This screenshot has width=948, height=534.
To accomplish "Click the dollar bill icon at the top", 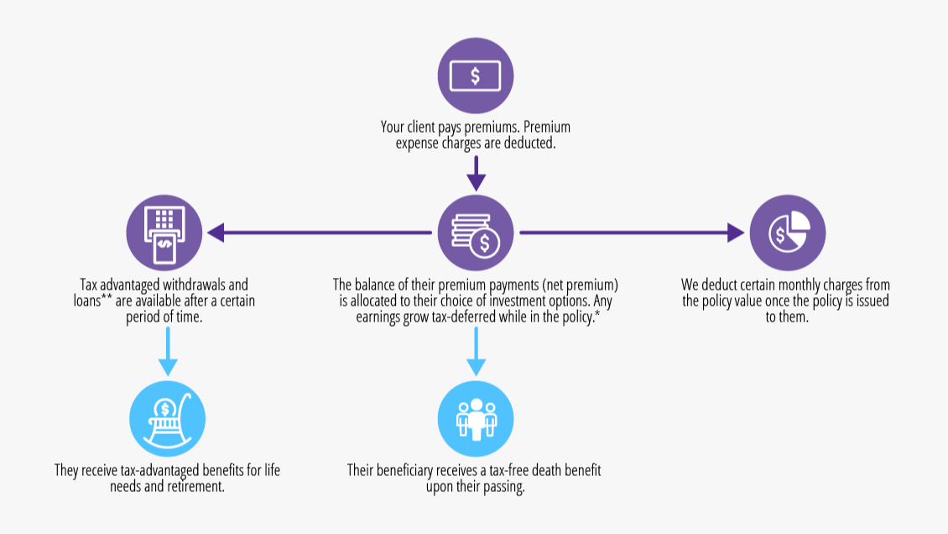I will [x=476, y=76].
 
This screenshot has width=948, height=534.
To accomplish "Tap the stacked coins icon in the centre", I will [x=476, y=233].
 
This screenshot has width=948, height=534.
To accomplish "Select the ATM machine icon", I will [x=164, y=233].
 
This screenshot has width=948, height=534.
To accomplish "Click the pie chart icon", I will [x=787, y=233].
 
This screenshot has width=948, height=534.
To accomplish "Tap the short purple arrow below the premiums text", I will [x=476, y=173].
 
